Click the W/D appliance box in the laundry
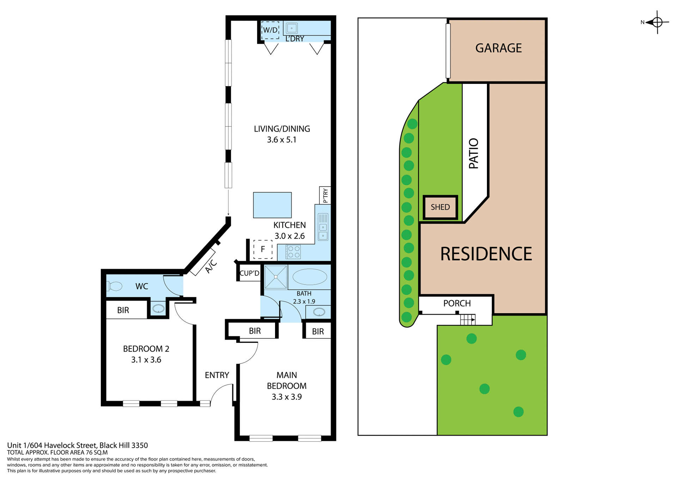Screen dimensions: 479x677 (270, 30)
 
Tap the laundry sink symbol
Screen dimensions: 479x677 (292, 28)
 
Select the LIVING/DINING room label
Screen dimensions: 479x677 (282, 129)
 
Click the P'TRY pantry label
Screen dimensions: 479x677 (325, 195)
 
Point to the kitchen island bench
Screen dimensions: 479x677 (272, 205)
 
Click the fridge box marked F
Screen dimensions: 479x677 (263, 249)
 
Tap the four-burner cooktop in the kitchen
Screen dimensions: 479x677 (293, 252)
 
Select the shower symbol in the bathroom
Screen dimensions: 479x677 (275, 277)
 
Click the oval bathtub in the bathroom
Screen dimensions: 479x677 (310, 277)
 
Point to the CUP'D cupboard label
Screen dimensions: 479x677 (249, 273)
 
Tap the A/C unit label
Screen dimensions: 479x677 (211, 266)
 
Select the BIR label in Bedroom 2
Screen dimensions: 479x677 (123, 310)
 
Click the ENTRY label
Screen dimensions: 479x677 (217, 375)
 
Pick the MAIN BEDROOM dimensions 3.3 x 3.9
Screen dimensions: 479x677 (286, 397)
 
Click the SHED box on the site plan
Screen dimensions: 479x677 (440, 207)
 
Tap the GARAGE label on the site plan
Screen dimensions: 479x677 (498, 48)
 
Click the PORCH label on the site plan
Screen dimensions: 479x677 (457, 304)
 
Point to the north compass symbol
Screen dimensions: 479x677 (657, 22)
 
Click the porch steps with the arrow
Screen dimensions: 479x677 (468, 320)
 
